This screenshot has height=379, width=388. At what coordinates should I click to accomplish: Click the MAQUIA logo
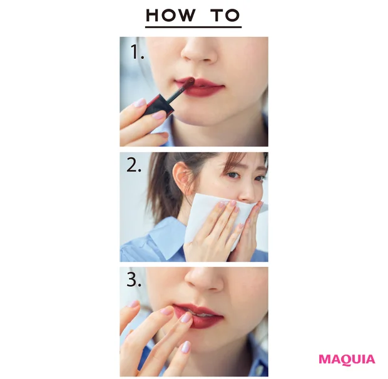[346, 359]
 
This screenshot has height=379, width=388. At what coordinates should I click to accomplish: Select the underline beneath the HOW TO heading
[193, 27]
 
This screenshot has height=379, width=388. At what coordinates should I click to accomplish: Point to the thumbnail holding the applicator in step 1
[158, 115]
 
